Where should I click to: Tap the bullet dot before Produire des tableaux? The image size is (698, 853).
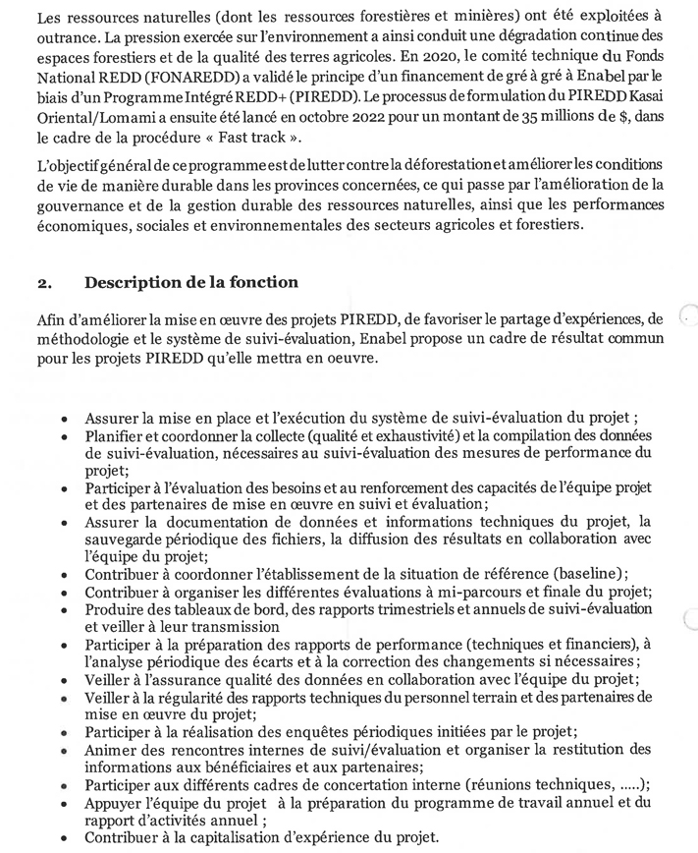point(63,611)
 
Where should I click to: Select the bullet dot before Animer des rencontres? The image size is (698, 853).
point(63,752)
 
